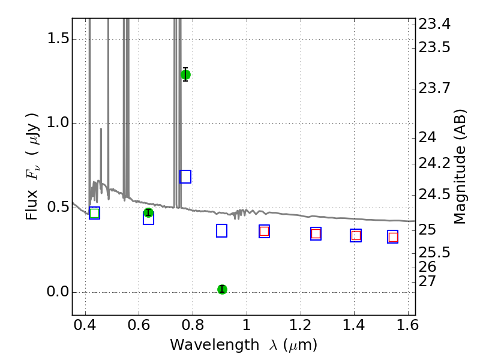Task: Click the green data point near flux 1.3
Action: point(185,74)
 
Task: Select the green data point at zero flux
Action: point(222,289)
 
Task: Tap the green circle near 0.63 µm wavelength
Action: point(148,212)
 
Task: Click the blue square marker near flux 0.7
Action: point(185,176)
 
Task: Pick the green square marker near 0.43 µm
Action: point(95,213)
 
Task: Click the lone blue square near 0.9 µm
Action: point(221,231)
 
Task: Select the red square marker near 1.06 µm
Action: point(264,231)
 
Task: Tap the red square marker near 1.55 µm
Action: point(393,237)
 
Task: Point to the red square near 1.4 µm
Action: point(356,235)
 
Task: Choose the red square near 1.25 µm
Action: point(316,234)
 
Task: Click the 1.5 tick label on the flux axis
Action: point(58,39)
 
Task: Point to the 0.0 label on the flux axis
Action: point(58,292)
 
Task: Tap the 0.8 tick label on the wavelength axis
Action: point(193,325)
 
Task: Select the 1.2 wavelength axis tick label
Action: point(301,325)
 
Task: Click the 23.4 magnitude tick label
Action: point(434,24)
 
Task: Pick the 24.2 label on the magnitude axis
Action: point(434,163)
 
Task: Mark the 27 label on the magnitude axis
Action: point(427,281)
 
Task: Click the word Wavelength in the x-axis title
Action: point(215,345)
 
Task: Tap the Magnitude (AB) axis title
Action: point(460,167)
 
